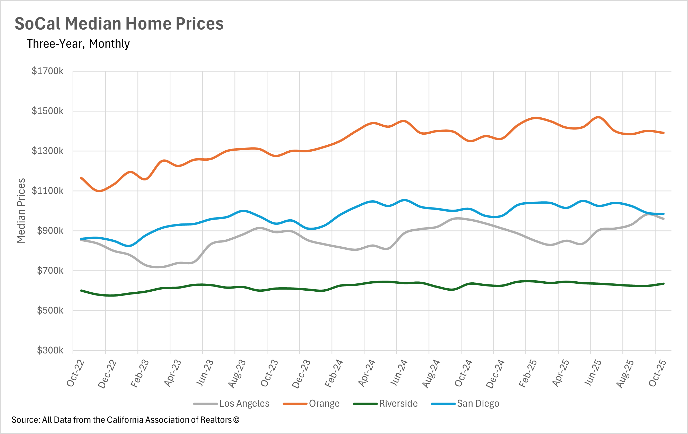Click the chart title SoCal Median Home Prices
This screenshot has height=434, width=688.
119,23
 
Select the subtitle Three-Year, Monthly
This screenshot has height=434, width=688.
78,44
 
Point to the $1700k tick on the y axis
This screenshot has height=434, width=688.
47,71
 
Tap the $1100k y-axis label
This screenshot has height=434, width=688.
47,190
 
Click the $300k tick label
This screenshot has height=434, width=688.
50,350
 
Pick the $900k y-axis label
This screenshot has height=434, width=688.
50,231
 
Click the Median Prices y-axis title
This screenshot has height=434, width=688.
21,211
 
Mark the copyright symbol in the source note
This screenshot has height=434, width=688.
236,420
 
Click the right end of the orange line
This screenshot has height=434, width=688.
664,133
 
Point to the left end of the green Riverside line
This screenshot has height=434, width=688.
81,291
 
